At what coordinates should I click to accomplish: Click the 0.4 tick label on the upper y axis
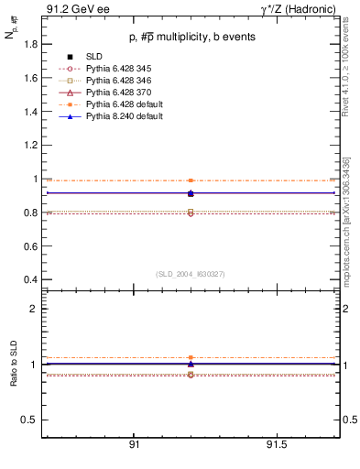tap(30, 279)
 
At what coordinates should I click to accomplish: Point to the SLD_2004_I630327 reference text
tap(190, 273)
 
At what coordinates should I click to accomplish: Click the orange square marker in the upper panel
tap(191, 180)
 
